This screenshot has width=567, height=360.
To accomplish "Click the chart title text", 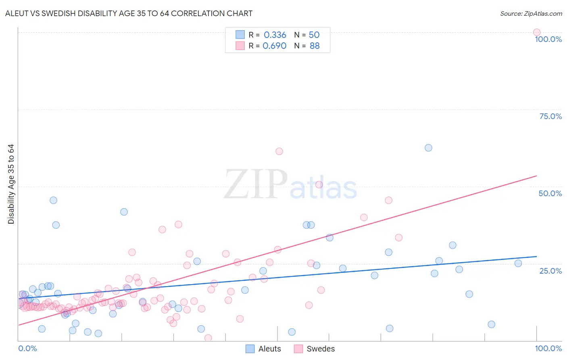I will (129, 13).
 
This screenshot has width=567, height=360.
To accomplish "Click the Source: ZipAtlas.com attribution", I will (531, 13).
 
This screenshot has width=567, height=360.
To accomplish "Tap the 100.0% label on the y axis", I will (548, 39).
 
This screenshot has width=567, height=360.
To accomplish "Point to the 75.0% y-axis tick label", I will (550, 116).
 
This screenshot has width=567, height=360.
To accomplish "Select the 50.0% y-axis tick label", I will (550, 193).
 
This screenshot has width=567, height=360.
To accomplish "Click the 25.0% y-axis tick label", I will (550, 271).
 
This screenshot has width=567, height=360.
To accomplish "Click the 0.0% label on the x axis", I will (27, 348).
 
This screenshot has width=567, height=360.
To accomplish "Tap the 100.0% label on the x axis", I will (548, 348).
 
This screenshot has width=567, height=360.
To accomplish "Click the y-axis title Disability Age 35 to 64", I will (11, 184).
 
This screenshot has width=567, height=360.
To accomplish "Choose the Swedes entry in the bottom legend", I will (315, 349).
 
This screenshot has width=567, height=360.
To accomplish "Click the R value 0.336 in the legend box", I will (275, 35).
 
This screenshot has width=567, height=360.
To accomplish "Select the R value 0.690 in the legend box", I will (274, 46).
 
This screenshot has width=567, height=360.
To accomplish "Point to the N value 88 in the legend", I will (315, 46).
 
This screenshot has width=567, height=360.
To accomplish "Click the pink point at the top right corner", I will (536, 32).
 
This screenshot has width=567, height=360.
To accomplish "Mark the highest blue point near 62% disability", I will (428, 148).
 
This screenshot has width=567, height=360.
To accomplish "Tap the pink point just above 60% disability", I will (279, 151).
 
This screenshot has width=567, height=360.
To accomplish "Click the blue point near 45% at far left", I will (53, 200).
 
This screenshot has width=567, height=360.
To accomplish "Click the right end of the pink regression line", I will (536, 176).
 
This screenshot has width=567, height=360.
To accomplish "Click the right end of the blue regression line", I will (536, 256).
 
